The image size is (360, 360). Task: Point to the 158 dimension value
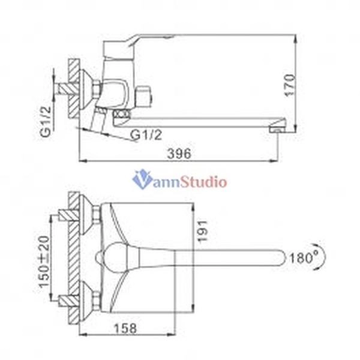pos(124,328)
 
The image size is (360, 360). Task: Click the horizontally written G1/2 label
pos(146,136)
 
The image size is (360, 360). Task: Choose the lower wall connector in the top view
pos(90,298)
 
